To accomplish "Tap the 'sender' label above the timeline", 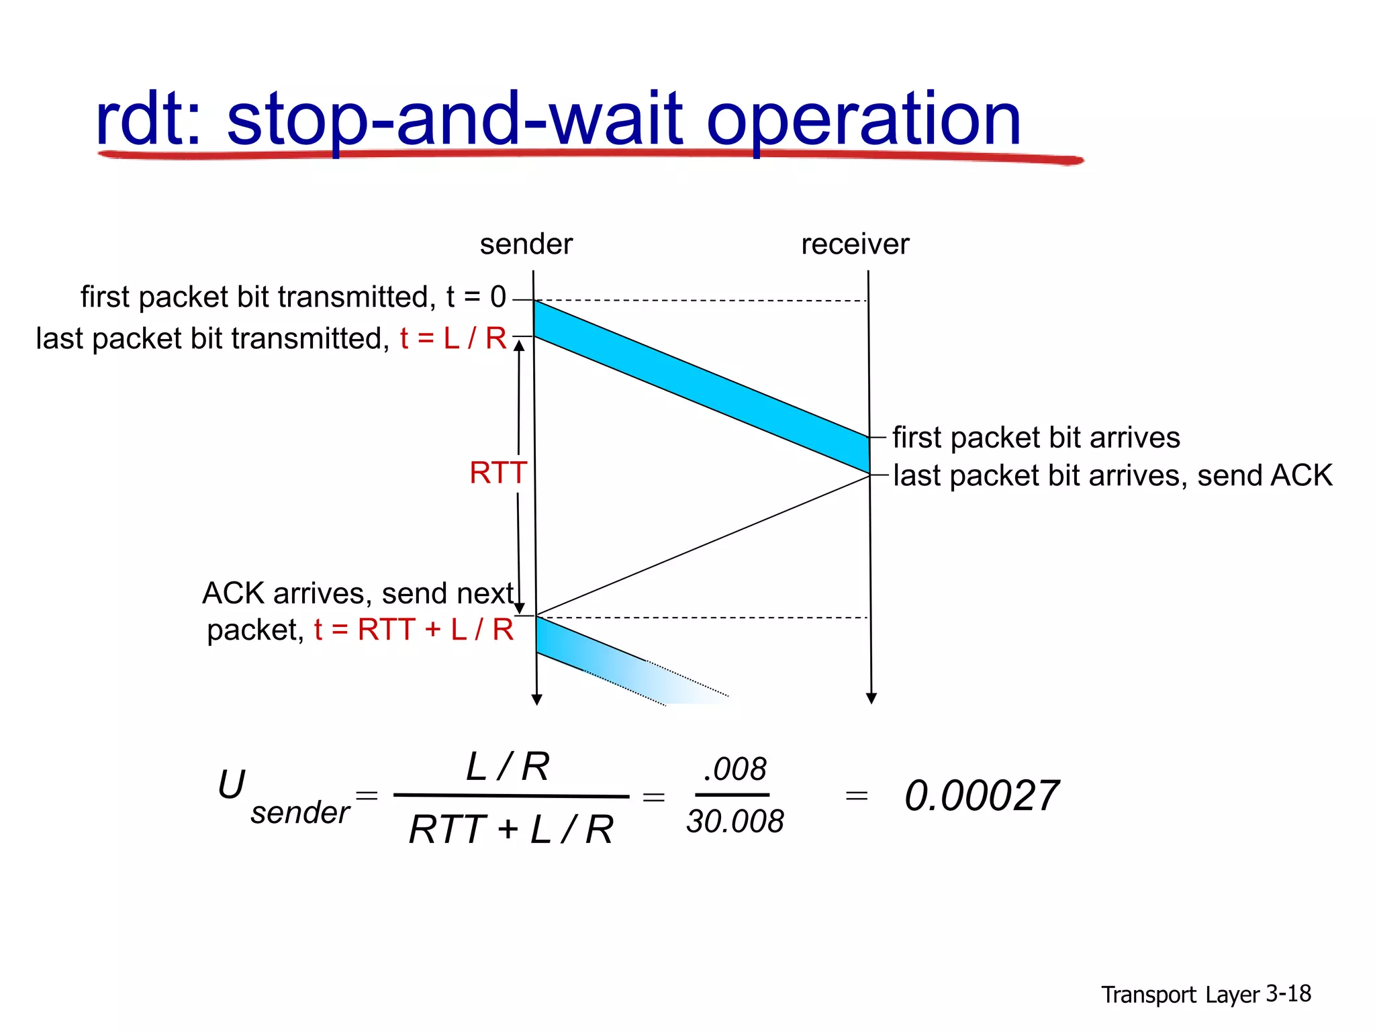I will tap(526, 244).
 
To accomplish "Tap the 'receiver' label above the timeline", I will tap(855, 244).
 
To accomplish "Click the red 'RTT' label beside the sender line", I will tap(497, 473).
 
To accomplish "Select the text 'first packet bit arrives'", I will tap(1035, 438).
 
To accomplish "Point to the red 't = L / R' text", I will tap(453, 338).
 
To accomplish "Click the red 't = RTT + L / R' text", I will tap(414, 630).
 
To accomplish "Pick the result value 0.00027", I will tap(981, 796).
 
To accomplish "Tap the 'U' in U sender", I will tap(232, 784).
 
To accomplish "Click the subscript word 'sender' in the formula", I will tap(300, 813).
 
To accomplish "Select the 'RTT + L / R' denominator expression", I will tap(511, 830).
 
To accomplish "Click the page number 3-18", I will tap(1288, 993).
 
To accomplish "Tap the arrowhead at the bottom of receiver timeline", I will tap(871, 699).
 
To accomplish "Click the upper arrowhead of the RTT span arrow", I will tap(519, 346).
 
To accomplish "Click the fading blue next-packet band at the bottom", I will tap(604, 661).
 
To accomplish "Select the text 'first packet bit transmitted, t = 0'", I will tap(293, 297).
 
